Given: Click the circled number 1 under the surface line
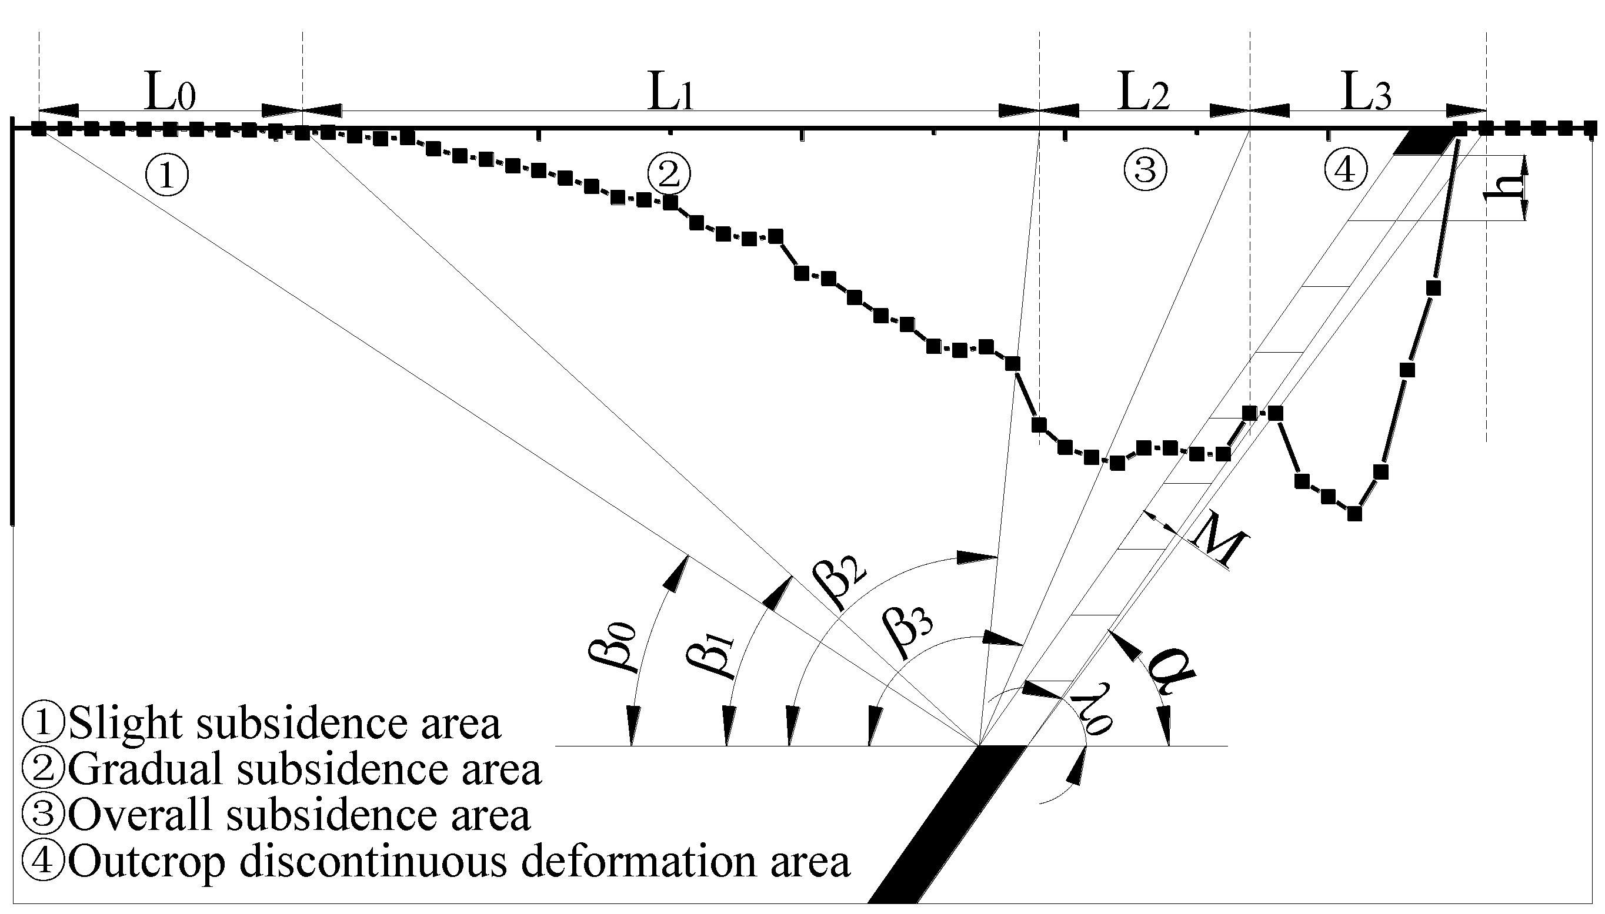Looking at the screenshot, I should point(167,175).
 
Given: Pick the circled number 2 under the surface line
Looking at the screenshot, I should point(669,175).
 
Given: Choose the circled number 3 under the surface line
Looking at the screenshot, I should point(1145,169).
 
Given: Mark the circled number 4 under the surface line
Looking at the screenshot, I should point(1345,169).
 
